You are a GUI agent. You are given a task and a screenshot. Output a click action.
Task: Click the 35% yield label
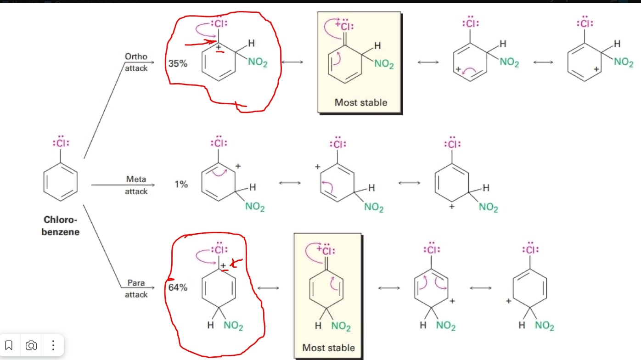(x=178, y=64)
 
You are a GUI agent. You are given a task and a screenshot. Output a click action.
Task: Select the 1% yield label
(x=181, y=185)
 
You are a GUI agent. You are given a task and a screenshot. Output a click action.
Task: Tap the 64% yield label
(x=178, y=288)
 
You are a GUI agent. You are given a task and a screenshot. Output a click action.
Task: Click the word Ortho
(x=136, y=56)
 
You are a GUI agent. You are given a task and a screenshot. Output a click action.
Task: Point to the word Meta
(x=136, y=179)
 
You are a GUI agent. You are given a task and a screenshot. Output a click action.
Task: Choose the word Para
(x=136, y=283)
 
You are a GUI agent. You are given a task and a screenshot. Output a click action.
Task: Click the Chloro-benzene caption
(x=61, y=226)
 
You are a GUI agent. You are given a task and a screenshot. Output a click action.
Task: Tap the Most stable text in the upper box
(x=360, y=102)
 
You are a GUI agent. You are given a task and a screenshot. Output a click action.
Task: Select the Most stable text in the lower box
(x=328, y=348)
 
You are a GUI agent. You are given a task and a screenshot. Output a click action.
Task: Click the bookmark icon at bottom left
(x=9, y=345)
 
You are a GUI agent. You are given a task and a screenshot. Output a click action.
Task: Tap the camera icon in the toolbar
(x=31, y=345)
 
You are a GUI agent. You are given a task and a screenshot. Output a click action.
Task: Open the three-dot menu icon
(x=53, y=345)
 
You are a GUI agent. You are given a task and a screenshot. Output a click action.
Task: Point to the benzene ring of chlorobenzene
(x=61, y=182)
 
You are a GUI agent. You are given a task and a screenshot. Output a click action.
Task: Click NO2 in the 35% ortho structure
(x=258, y=63)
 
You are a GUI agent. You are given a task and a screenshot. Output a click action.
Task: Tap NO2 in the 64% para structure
(x=233, y=326)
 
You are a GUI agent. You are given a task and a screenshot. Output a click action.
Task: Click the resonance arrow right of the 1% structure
(x=290, y=183)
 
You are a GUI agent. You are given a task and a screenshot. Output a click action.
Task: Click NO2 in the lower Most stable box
(x=341, y=326)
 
